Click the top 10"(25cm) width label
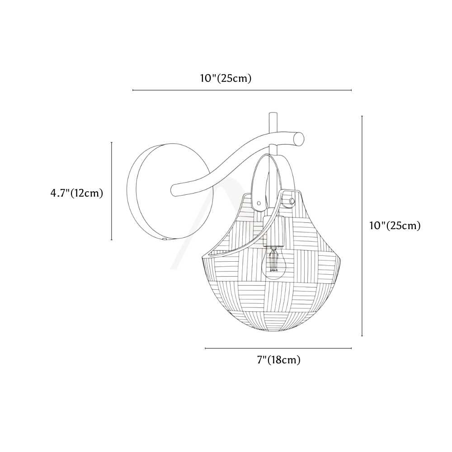226,78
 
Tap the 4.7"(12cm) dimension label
77,193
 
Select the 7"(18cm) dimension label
279,360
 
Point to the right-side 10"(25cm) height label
395,226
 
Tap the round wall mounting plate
170,191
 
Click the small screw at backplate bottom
165,239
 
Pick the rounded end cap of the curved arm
300,139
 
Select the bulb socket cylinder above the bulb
274,231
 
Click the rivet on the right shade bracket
292,200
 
